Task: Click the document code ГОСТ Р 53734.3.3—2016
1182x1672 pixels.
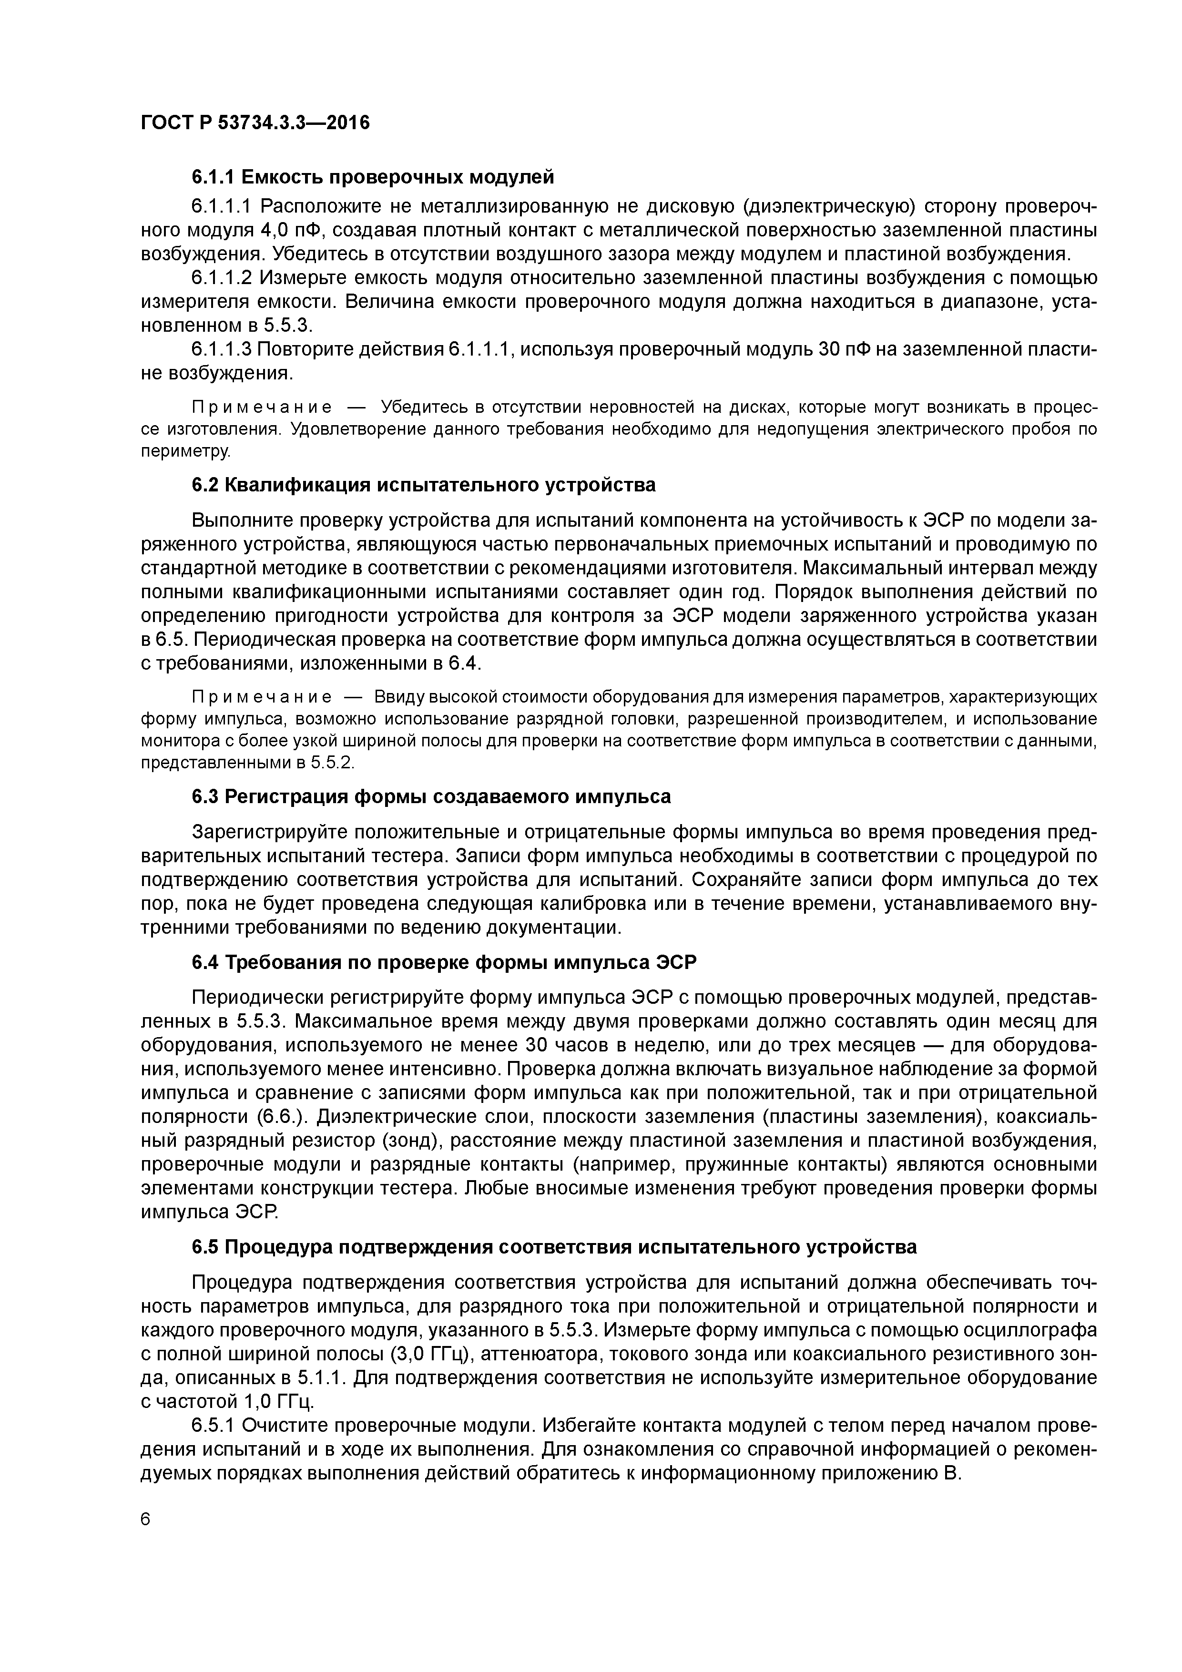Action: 255,123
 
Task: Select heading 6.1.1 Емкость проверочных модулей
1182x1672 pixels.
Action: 373,177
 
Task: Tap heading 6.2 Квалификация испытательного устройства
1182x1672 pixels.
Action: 424,484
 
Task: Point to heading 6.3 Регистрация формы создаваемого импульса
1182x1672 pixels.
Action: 431,796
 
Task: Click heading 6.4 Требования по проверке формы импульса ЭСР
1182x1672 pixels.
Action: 444,963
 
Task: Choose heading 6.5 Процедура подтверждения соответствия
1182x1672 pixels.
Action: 553,1247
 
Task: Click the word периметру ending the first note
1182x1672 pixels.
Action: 185,451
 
